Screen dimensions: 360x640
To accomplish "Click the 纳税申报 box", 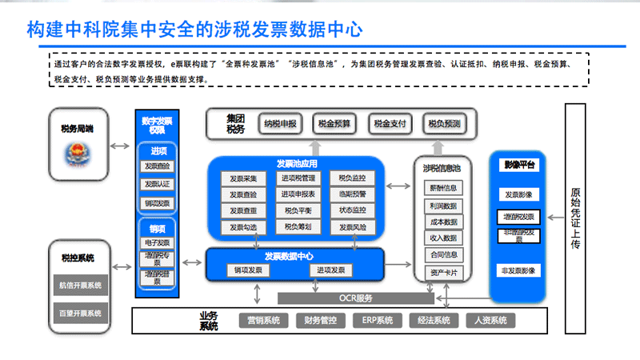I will tap(281, 124).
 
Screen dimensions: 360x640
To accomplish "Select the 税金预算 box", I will tap(334, 124).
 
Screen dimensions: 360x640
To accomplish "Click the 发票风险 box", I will tap(352, 227).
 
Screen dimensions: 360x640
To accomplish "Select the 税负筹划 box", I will tap(298, 227).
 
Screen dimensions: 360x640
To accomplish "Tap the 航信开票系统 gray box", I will tap(80, 285).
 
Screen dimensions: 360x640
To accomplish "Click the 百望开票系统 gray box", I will tap(80, 312).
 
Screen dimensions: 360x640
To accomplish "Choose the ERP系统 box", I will tap(377, 321).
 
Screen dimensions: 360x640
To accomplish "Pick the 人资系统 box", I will tap(490, 321).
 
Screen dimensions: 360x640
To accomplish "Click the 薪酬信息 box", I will tap(443, 187).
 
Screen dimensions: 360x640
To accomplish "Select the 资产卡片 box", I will tap(443, 272).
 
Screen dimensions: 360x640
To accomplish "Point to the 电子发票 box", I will tap(157, 242).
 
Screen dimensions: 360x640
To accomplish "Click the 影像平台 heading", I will tap(519, 164).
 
